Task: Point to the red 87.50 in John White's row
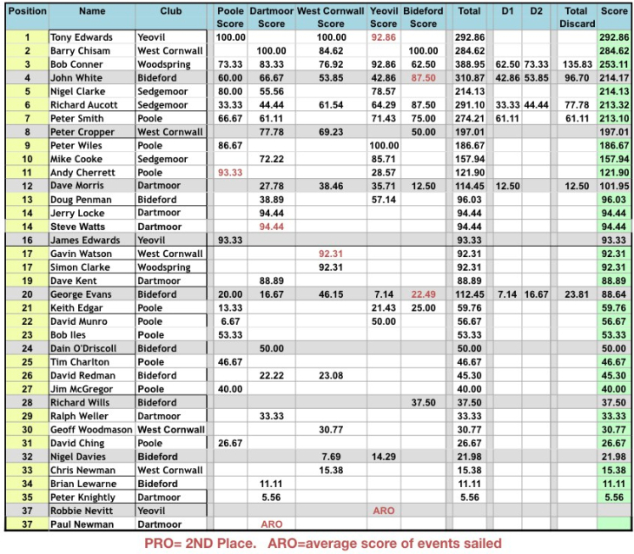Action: pos(423,78)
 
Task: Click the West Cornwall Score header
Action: pos(330,17)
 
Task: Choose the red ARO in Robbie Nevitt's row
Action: pos(383,511)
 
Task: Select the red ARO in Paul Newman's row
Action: pos(271,524)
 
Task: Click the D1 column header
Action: pos(508,11)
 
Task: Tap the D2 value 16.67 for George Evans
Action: pos(536,294)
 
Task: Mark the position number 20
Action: pos(27,294)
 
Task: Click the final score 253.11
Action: pos(614,64)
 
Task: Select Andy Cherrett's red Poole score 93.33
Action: pos(230,173)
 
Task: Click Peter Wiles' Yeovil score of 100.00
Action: pos(383,146)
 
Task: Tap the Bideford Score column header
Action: pos(423,17)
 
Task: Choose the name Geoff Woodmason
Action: pos(91,430)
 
